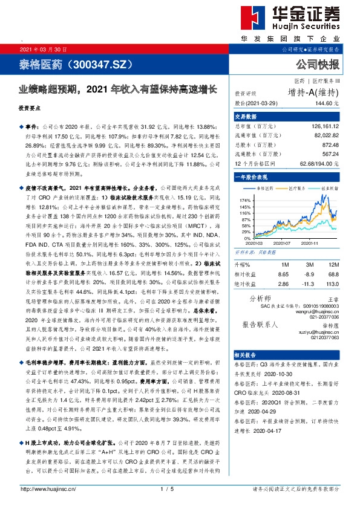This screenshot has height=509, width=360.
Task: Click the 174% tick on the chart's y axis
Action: point(246,199)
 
